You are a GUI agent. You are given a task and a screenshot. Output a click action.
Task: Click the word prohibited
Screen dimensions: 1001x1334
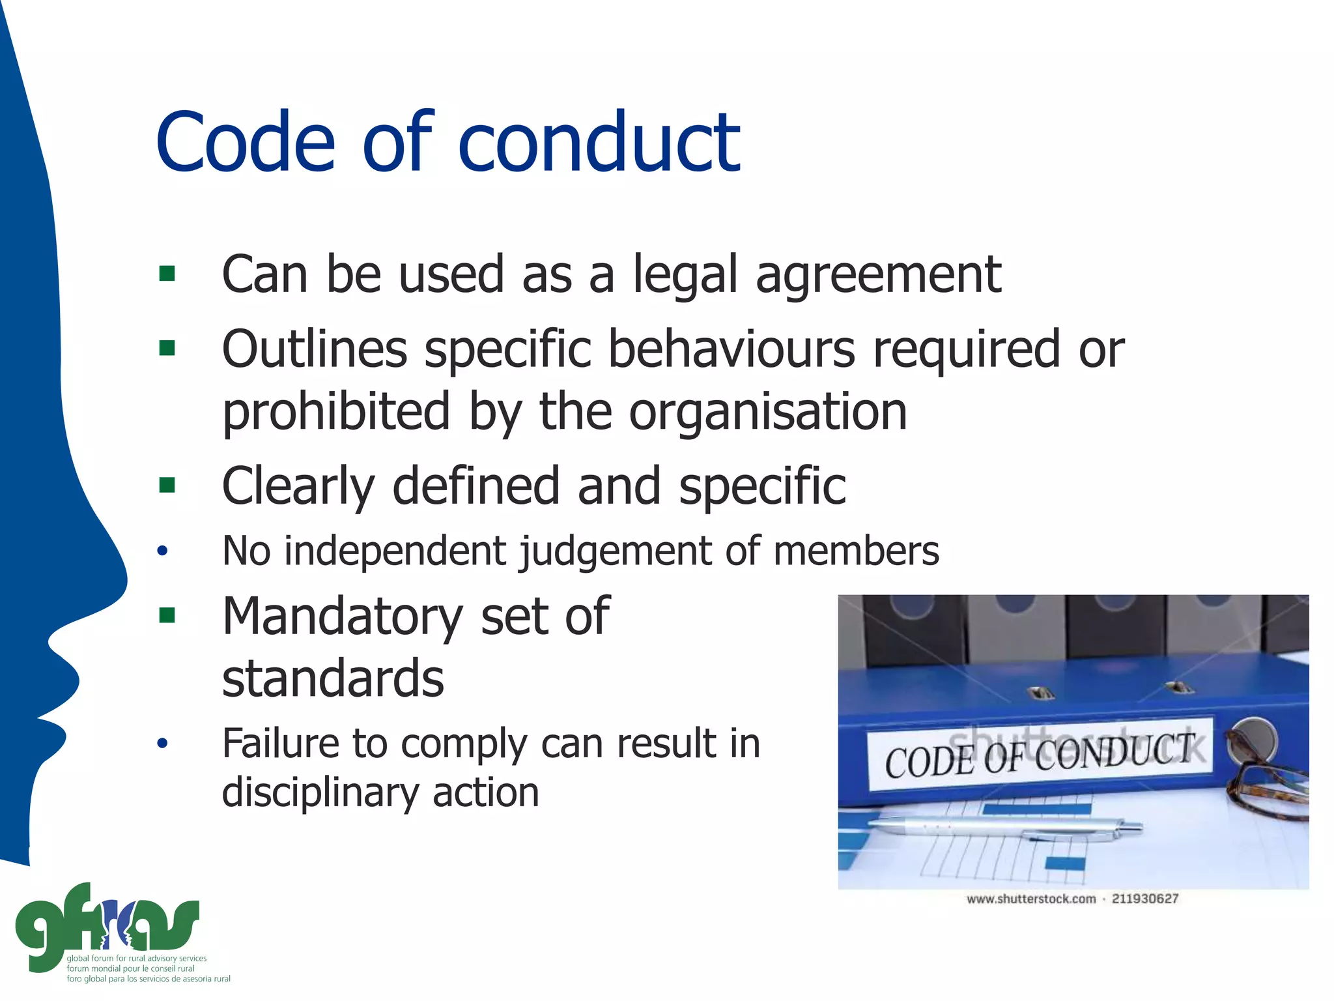(x=336, y=413)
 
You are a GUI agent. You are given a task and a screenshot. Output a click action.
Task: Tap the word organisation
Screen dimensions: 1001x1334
(x=768, y=413)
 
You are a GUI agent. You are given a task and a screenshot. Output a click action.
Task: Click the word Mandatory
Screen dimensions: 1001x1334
(x=343, y=617)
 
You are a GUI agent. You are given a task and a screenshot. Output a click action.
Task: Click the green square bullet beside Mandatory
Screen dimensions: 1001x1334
(x=167, y=615)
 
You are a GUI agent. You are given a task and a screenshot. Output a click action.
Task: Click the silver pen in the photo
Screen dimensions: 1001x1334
(x=1003, y=830)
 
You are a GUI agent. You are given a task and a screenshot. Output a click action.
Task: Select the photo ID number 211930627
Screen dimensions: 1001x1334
(x=1144, y=899)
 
